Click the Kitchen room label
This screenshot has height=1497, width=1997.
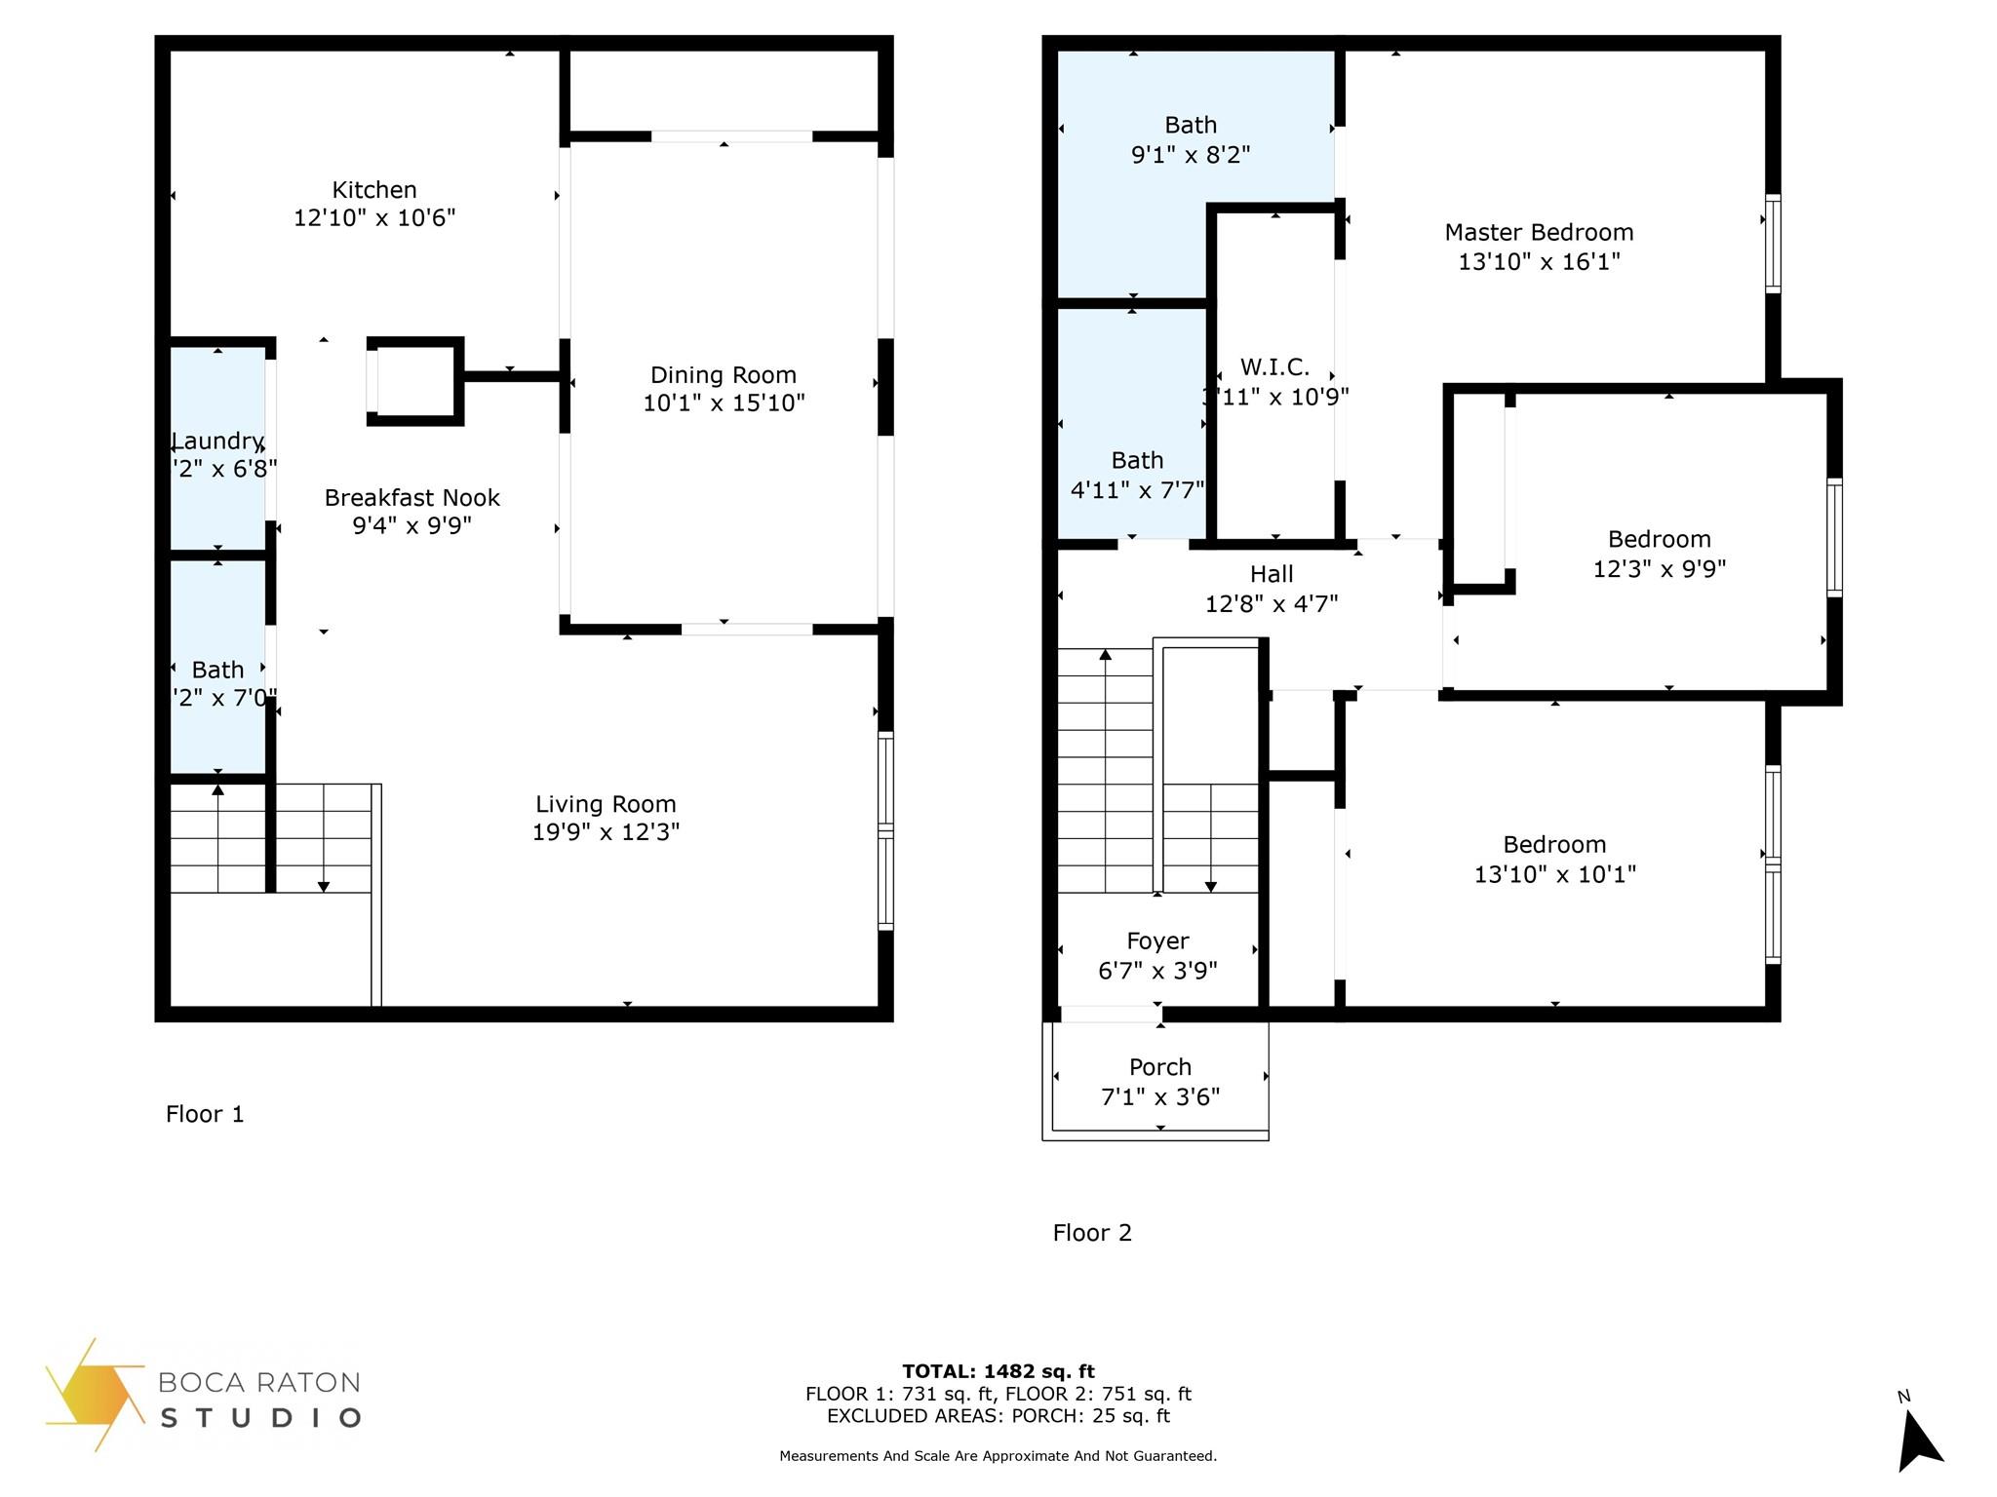click(x=374, y=190)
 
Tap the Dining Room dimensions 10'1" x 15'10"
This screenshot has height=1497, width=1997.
click(x=724, y=403)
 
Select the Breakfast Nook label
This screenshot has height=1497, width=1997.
click(x=411, y=498)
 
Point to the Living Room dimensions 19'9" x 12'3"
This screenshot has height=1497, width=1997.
click(x=606, y=831)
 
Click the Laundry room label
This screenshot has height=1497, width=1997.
click(x=217, y=441)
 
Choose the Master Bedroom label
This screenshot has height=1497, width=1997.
click(x=1539, y=233)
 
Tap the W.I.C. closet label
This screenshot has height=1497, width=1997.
click(x=1274, y=367)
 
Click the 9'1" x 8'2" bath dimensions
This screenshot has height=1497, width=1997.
click(x=1191, y=155)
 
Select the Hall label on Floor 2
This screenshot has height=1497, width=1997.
click(x=1272, y=575)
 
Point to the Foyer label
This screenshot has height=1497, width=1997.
click(x=1157, y=941)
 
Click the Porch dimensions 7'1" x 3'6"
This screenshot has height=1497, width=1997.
click(x=1160, y=1097)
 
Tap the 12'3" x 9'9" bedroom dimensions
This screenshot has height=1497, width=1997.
click(x=1659, y=569)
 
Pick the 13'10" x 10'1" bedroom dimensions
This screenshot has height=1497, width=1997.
click(x=1554, y=874)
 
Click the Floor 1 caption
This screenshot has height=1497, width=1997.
click(x=205, y=1114)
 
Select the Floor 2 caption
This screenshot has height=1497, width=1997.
click(x=1092, y=1233)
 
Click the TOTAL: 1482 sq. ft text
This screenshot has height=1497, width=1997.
click(x=998, y=1371)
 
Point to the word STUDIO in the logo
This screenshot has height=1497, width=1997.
click(x=260, y=1417)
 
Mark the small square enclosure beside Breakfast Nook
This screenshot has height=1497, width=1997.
click(x=415, y=381)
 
